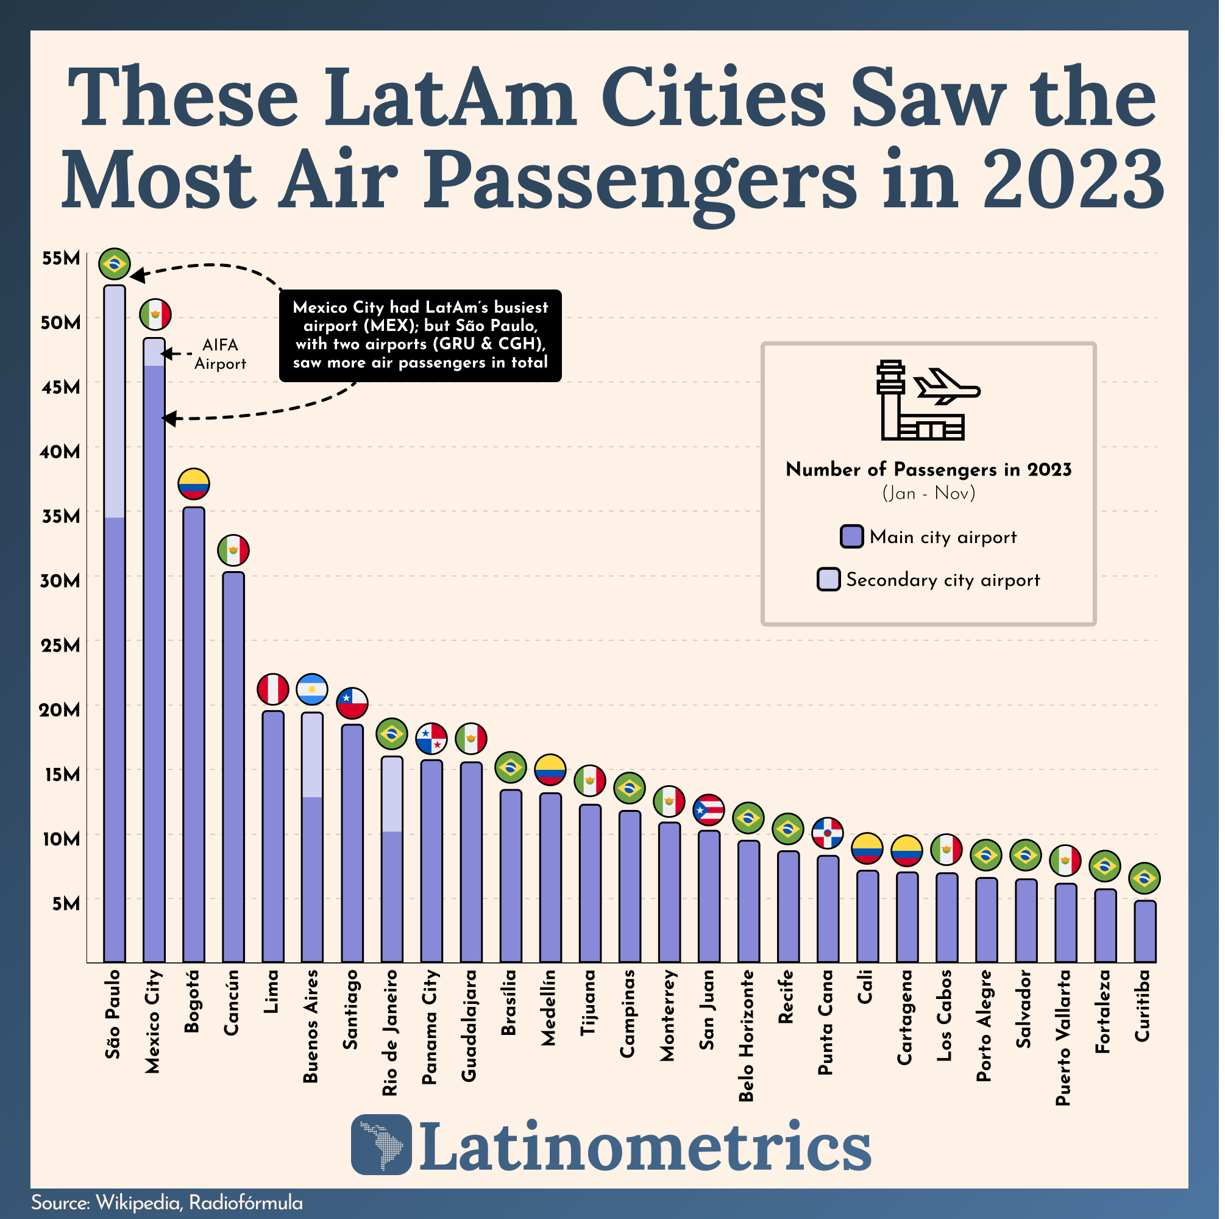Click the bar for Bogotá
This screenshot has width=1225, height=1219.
click(x=194, y=736)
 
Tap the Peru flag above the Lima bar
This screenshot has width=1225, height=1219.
click(x=273, y=690)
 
